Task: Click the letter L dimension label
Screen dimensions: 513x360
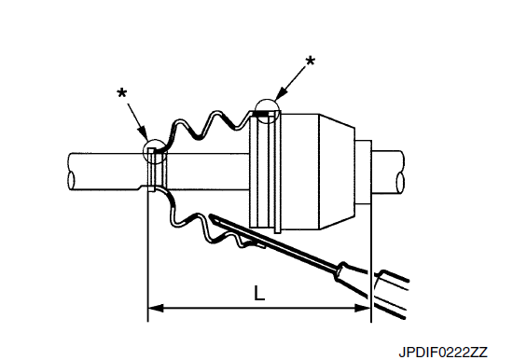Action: [259, 293]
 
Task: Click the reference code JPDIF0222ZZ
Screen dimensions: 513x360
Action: [443, 353]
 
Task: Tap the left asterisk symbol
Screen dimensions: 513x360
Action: [121, 93]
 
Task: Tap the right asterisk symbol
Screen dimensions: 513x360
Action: [310, 61]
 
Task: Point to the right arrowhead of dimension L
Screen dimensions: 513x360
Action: [363, 308]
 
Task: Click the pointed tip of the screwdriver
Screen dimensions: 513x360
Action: [210, 215]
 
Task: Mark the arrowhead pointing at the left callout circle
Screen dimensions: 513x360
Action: [144, 135]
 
